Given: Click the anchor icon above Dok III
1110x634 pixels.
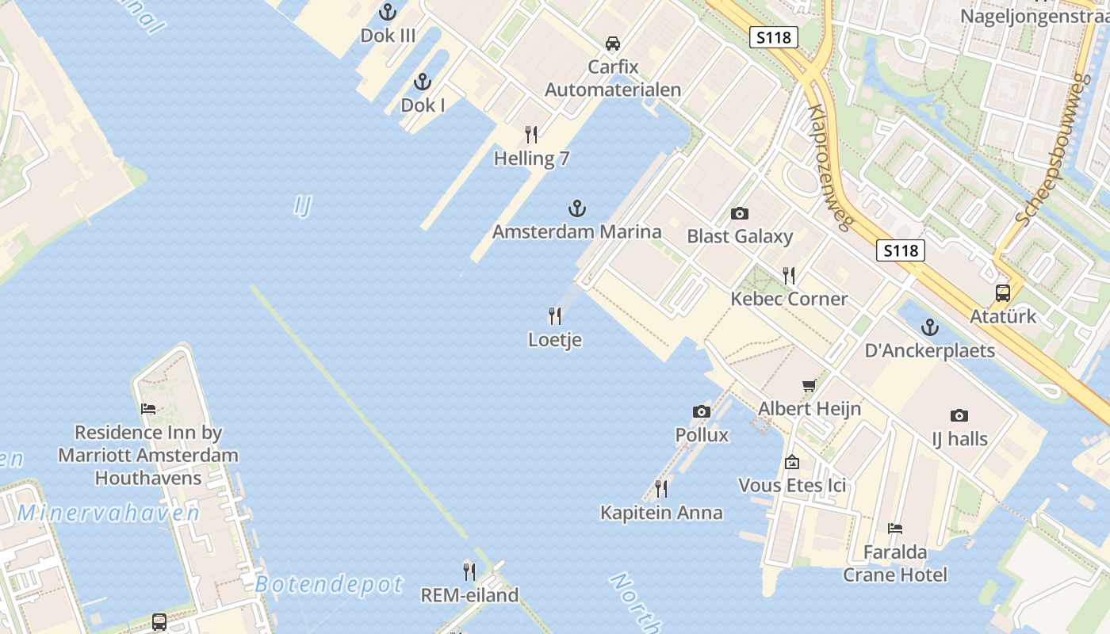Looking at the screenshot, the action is point(388,12).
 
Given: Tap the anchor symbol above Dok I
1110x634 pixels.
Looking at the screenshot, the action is point(423,82).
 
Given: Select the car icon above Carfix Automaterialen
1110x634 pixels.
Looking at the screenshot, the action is point(613,44).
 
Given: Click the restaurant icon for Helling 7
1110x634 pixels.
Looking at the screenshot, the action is point(531,135).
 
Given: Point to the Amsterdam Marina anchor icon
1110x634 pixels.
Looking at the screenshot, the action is point(577,209).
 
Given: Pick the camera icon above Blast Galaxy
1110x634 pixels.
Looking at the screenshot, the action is point(740,213).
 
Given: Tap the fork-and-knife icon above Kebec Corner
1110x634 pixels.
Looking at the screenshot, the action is point(789,276).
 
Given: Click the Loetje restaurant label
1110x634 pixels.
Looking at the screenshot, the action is point(555,340).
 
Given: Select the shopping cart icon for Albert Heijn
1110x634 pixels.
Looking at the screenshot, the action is point(810,386).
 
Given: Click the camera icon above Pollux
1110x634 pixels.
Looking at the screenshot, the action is point(702,411).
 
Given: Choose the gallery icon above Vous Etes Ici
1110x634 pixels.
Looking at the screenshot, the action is point(792,462).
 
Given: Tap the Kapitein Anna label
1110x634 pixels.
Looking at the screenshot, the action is point(661,513).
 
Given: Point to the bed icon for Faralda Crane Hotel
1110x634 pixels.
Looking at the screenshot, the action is point(895,529).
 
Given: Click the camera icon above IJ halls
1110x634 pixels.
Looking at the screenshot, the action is point(959,415).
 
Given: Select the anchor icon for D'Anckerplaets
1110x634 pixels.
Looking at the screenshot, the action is point(928,327).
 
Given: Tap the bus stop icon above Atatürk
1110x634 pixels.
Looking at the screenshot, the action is point(1003,293).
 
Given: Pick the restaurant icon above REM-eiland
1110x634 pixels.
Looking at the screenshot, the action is point(469,571).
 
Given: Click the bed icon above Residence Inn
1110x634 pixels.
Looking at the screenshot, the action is point(148,409).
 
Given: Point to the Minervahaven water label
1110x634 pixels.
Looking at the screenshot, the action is point(109,513).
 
